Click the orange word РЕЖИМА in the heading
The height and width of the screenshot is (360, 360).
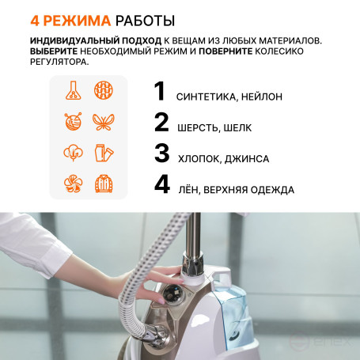tap(77, 21)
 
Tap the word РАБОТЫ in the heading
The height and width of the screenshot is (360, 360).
tap(146, 21)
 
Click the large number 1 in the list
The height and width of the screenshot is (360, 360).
tap(160, 91)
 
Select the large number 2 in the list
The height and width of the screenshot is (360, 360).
tap(161, 122)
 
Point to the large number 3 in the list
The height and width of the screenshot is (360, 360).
tap(161, 153)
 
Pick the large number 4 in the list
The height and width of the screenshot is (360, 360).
tap(162, 184)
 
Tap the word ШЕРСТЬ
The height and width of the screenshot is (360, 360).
tap(198, 128)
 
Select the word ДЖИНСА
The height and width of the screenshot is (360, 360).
tap(247, 159)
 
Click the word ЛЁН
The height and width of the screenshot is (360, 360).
tap(187, 189)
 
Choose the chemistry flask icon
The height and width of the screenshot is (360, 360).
tap(74, 90)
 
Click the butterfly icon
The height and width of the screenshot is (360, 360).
tap(104, 122)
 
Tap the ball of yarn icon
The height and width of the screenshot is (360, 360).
tap(73, 122)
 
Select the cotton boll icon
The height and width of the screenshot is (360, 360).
tap(73, 153)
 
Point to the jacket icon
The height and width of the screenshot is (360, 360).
tap(104, 184)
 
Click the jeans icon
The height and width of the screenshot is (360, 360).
tap(104, 153)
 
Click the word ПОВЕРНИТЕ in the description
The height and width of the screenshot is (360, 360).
tap(225, 51)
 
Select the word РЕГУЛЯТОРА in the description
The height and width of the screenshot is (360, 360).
tap(59, 62)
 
